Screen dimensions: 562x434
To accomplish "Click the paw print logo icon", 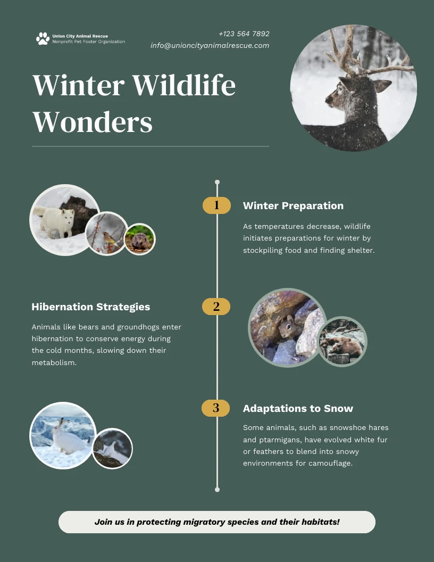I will tap(43, 38).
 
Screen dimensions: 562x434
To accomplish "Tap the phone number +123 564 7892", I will tap(244, 34).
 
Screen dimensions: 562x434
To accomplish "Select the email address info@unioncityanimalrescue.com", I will tap(210, 46).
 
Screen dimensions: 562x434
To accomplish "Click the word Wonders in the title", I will tap(93, 122).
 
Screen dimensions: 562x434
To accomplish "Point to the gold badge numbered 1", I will tap(216, 205).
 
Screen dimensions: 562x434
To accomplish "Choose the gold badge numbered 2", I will tap(216, 307).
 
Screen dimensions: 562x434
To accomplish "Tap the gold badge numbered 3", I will tap(216, 408).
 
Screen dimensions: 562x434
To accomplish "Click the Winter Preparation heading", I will tap(293, 206).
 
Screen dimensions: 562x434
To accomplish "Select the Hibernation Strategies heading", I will tap(90, 307).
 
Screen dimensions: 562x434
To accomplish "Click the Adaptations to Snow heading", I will tap(298, 409).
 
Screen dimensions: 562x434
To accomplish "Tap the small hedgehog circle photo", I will tap(140, 239).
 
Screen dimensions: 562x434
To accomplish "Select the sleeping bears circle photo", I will tap(342, 342).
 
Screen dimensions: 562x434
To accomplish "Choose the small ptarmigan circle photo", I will tap(112, 449).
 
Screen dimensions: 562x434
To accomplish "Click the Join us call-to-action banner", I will tap(217, 522).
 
